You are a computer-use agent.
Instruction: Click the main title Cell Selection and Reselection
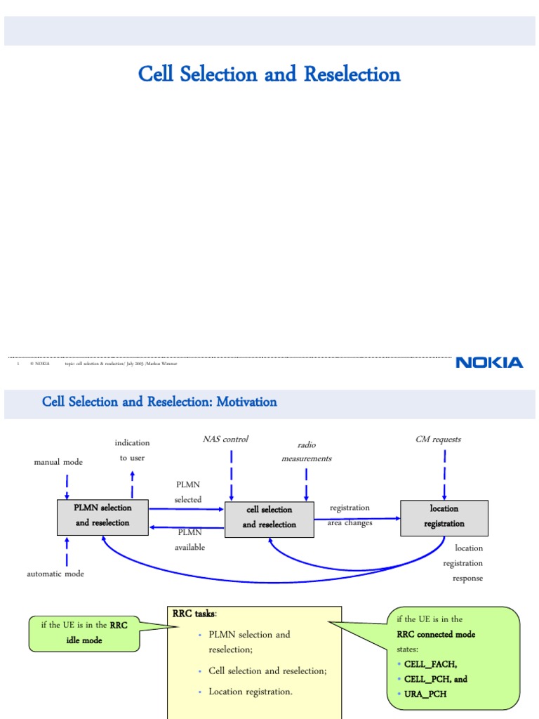coord(269,74)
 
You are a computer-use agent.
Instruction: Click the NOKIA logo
coord(489,362)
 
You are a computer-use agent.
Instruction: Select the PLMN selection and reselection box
coord(102,515)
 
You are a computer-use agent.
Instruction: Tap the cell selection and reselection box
coord(269,517)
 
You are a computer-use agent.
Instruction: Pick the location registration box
coord(444,516)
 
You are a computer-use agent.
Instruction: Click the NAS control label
coord(225,439)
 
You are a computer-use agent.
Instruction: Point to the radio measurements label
coord(306,451)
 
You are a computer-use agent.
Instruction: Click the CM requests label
coord(438,439)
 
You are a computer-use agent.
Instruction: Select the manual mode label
coord(58,462)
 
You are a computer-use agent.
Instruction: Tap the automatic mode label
coord(55,574)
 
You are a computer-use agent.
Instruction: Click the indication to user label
coord(132,450)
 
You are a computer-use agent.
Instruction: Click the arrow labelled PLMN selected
coord(187,508)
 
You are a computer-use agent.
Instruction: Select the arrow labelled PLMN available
coord(187,527)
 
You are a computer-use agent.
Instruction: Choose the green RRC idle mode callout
coord(84,633)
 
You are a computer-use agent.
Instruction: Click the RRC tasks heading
coord(194,614)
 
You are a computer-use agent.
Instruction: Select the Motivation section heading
coord(159,402)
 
